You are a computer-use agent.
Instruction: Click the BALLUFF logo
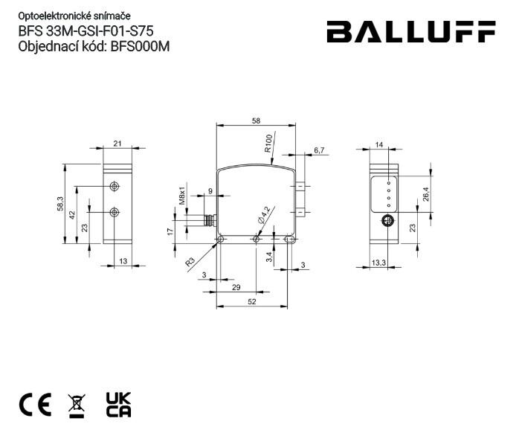(410, 33)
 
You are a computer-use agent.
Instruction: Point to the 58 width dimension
(256, 120)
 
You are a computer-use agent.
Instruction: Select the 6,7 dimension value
(320, 150)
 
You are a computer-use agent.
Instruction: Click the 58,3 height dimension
(60, 203)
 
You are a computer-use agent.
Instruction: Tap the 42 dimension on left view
(72, 214)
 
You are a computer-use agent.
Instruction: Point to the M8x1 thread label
(181, 195)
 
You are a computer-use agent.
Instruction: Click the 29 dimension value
(236, 286)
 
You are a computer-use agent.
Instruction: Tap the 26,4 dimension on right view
(425, 194)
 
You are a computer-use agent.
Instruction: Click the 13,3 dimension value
(378, 262)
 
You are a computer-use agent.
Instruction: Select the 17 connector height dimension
(170, 231)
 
